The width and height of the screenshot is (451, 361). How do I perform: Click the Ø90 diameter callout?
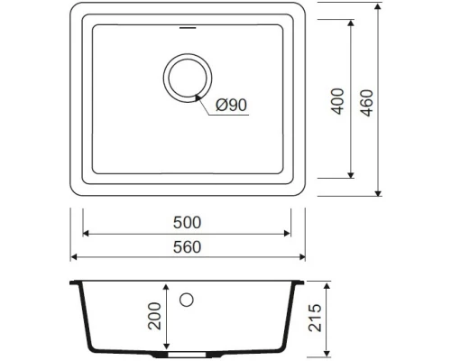[x=232, y=106]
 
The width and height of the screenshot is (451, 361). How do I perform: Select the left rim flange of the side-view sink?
[x=77, y=283]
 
